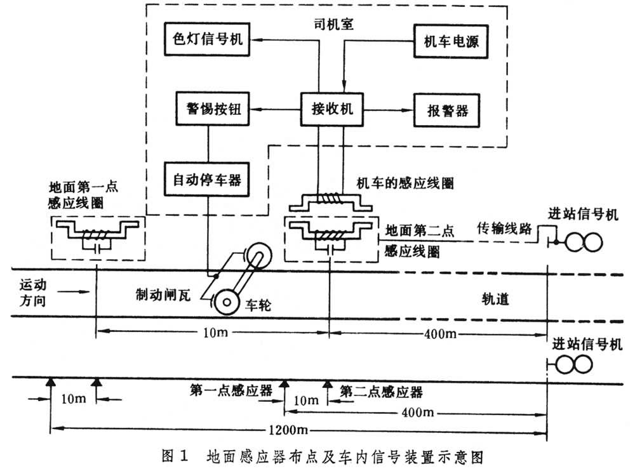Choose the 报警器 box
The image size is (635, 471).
(444, 109)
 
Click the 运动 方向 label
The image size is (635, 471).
(30, 293)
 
